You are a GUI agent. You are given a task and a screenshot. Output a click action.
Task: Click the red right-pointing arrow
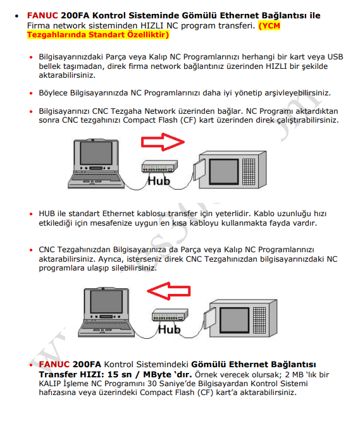point(163,142)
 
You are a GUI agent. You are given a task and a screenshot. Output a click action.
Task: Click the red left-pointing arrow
point(169,291)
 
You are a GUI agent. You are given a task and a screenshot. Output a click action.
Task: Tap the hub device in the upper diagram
point(159,166)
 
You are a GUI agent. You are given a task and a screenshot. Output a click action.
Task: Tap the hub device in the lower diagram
point(170,315)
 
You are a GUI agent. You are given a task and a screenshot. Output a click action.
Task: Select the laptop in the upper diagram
point(96,164)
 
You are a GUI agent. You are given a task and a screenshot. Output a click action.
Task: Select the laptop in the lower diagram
point(106,312)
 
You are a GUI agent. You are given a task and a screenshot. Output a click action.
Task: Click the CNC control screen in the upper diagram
point(224,171)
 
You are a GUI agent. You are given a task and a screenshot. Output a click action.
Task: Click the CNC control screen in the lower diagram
point(234,320)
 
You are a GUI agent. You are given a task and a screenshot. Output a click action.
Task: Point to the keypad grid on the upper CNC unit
point(249,172)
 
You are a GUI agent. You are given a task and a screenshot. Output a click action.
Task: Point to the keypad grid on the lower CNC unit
point(259,320)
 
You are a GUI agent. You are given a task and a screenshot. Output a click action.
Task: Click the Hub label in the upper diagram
point(159,181)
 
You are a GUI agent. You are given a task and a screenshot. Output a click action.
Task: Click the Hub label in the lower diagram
point(169,329)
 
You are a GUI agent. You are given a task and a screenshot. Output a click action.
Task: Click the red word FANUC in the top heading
point(42,16)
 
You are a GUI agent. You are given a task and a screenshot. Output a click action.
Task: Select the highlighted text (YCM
point(269,26)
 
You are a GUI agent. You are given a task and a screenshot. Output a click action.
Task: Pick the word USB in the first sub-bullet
point(335,57)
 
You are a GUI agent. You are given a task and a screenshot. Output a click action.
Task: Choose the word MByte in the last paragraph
point(156,375)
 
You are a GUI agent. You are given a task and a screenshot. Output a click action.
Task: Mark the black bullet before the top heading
point(17,16)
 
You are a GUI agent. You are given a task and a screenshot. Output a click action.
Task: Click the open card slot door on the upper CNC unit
point(199,170)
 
